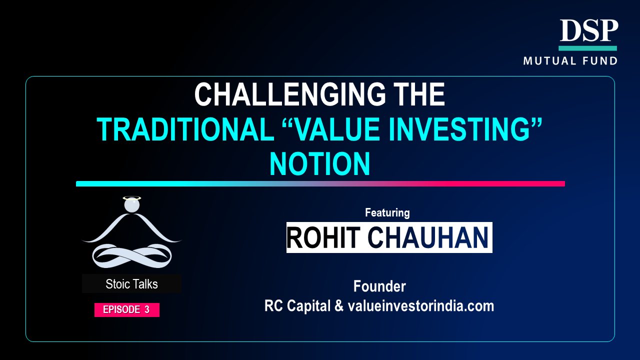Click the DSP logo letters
click(588, 30)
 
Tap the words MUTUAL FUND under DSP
click(570, 61)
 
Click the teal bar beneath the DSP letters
click(587, 48)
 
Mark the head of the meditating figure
click(131, 205)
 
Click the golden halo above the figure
click(131, 197)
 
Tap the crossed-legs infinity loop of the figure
click(131, 255)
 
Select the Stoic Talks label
click(131, 284)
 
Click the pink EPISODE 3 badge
click(127, 309)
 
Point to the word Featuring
click(387, 212)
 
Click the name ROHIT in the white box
click(323, 237)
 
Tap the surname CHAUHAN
click(428, 237)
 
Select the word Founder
click(379, 286)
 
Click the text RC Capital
click(297, 306)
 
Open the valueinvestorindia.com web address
click(421, 306)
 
